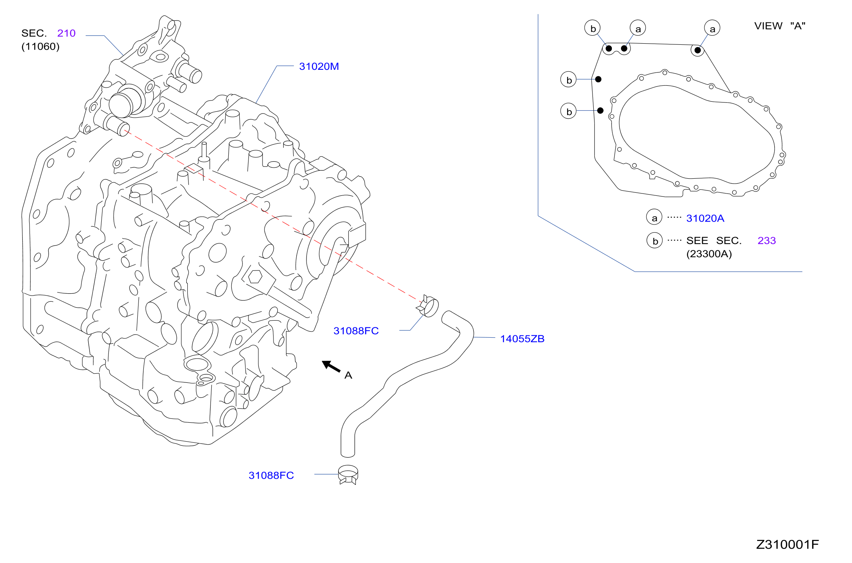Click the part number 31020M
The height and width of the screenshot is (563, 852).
point(319,66)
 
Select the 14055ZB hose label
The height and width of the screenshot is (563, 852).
point(522,339)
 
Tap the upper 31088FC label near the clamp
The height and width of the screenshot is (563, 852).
point(356,331)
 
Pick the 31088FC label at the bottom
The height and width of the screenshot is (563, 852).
point(271,475)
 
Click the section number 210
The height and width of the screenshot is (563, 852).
point(66,33)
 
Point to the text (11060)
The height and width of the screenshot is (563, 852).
point(41,46)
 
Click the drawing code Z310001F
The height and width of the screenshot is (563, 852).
point(788,544)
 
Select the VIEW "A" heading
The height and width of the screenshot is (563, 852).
point(780,26)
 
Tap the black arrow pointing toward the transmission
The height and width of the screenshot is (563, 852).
point(331,366)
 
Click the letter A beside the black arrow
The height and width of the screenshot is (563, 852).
point(348,375)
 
